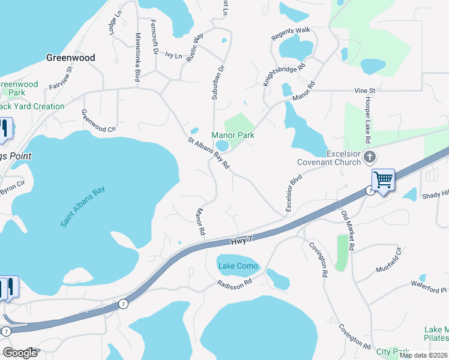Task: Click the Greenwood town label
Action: tap(71, 58)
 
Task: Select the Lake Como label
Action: tap(238, 266)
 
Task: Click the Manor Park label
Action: tap(232, 135)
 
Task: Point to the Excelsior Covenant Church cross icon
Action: tap(370, 158)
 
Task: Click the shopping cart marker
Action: tap(382, 179)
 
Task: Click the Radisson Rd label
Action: tap(234, 283)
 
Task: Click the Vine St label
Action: tap(364, 91)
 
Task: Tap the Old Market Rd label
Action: tap(348, 231)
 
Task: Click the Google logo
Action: tap(20, 353)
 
